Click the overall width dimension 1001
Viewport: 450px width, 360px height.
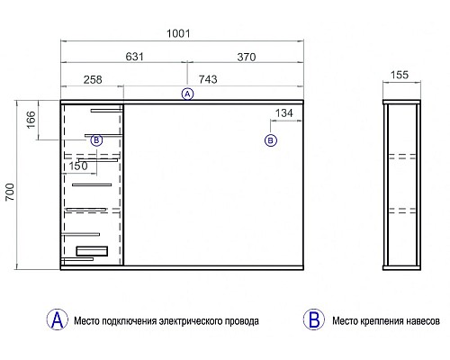(178, 33)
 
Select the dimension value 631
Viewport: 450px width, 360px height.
(134, 57)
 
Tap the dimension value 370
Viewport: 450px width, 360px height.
(247, 57)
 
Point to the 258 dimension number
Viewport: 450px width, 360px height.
(93, 79)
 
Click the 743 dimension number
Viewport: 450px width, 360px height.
(208, 79)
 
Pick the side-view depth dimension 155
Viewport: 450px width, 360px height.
(400, 75)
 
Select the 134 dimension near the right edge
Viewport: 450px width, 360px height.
(283, 113)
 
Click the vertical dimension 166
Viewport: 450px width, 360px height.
(31, 120)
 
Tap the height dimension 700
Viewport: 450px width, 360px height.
(10, 192)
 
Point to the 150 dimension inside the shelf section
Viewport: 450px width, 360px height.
(78, 166)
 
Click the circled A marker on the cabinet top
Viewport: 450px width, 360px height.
(187, 94)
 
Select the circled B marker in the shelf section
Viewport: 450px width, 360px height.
(96, 140)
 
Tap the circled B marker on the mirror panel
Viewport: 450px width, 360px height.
(271, 140)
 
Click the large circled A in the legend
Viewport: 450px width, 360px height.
(58, 319)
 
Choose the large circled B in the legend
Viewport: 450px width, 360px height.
(314, 319)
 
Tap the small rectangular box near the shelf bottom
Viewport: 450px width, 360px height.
(92, 251)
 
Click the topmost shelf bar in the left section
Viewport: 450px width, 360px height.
(106, 111)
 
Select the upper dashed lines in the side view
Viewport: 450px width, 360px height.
(402, 157)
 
